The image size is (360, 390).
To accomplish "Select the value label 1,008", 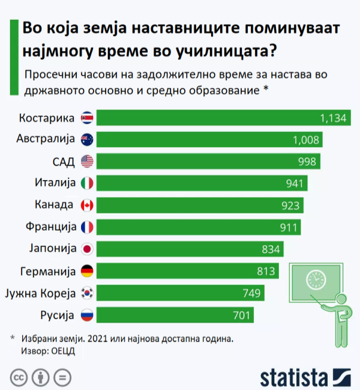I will tap(307, 140).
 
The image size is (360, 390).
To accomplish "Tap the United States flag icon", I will tap(87, 161).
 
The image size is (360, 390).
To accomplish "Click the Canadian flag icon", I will tap(87, 205).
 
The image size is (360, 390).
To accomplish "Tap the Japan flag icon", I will tap(87, 249).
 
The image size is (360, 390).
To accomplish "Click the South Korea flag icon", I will tap(87, 293).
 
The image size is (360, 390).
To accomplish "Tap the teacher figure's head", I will tap(341, 299).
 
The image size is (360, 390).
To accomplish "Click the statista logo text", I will tap(293, 377).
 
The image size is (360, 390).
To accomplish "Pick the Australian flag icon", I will tap(87, 139).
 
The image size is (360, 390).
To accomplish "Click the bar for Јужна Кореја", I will tap(180, 293).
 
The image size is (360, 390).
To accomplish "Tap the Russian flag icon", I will tap(87, 315).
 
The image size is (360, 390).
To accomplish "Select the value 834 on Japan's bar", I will tap(271, 249).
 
